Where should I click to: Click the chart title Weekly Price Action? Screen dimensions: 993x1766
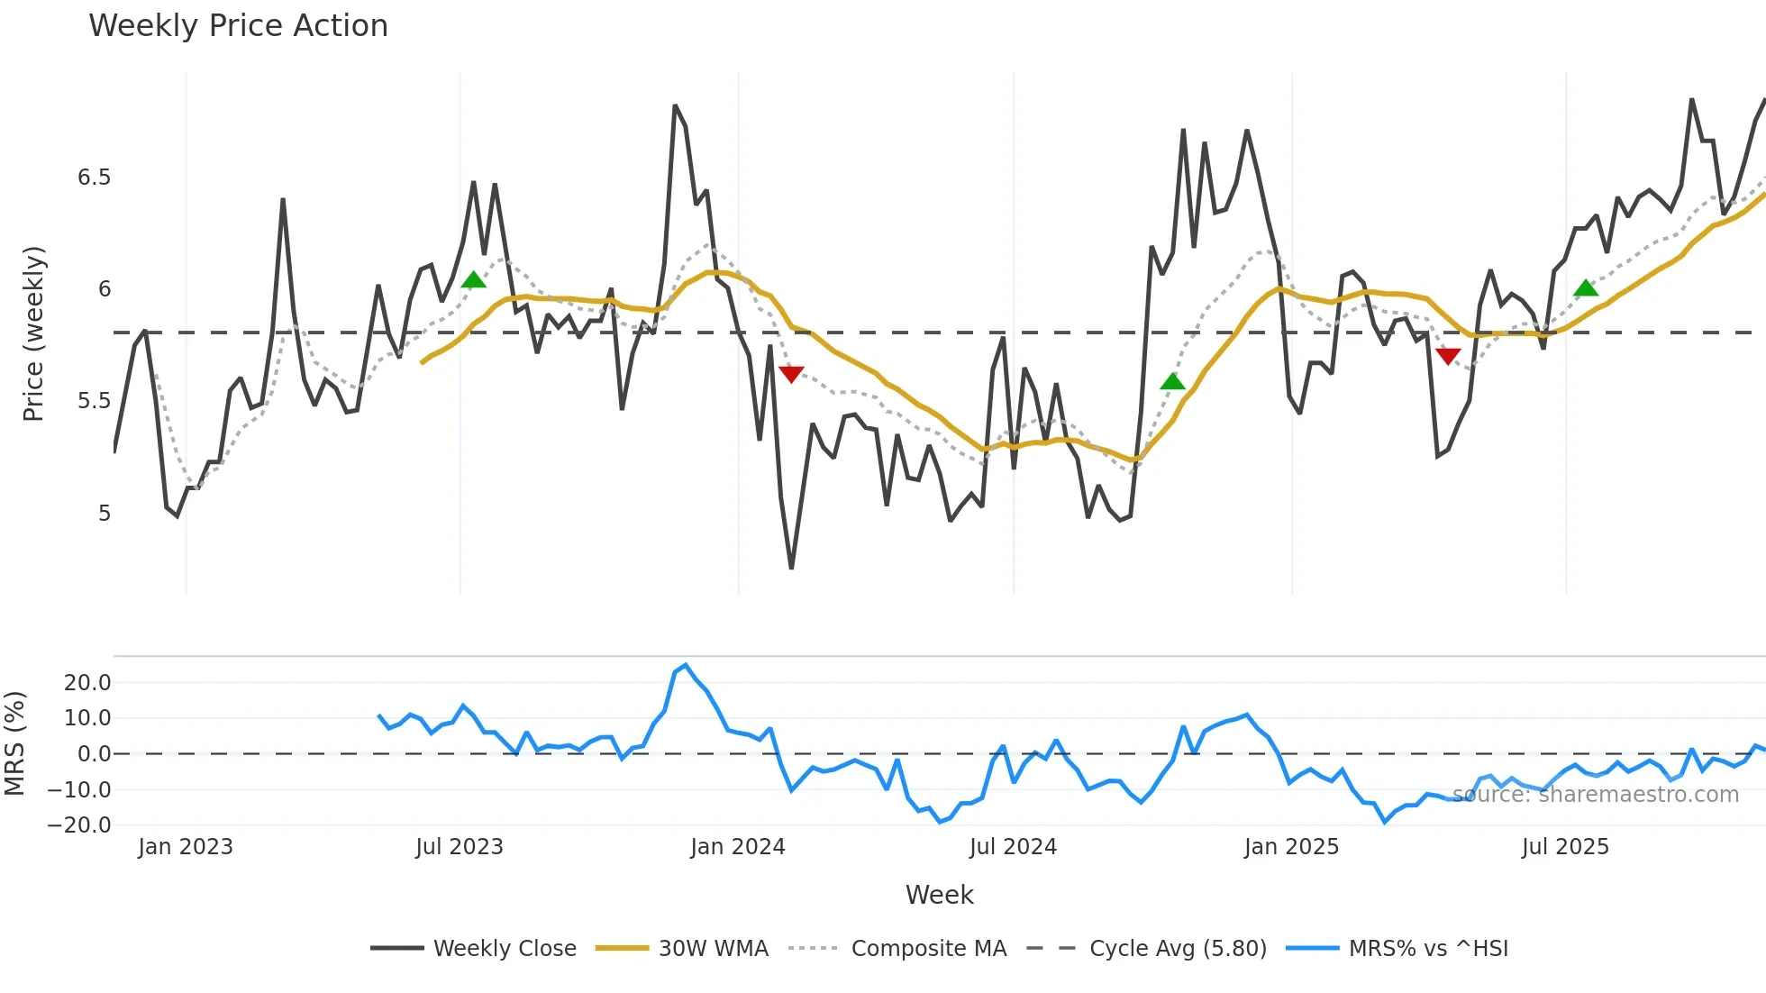pos(238,26)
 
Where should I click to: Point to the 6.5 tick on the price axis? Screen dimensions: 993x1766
pos(94,178)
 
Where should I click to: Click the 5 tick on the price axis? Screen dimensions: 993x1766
pos(105,514)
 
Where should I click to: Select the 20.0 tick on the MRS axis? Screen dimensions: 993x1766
pos(87,683)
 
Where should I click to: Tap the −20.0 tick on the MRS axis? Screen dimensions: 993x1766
pos(79,825)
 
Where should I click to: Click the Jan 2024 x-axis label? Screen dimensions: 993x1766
pos(738,847)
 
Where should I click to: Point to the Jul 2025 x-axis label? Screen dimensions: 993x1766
pos(1565,847)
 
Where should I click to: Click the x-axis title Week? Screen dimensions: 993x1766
pos(939,895)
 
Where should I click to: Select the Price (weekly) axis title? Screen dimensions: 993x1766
pos(33,333)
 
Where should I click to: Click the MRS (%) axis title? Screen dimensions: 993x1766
pos(14,743)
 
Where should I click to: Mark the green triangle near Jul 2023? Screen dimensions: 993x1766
pos(473,280)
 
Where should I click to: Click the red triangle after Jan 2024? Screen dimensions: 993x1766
pos(791,374)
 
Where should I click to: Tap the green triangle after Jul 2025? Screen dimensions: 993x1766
pos(1586,288)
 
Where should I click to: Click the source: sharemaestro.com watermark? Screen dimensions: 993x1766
pos(1595,795)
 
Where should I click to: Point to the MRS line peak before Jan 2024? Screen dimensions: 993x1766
pos(686,666)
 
